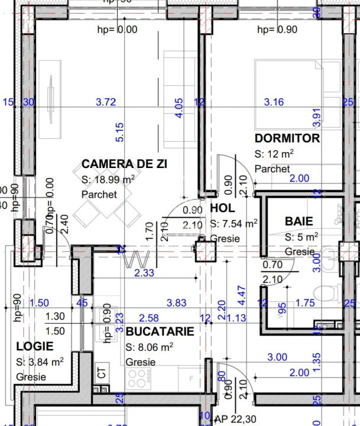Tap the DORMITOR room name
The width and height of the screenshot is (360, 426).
pyautogui.click(x=287, y=138)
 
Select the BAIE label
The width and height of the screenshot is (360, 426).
pyautogui.click(x=299, y=221)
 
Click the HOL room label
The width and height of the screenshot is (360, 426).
pyautogui.click(x=222, y=208)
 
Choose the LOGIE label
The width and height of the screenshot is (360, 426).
pyautogui.click(x=34, y=346)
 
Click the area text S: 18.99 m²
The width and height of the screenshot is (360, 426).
pyautogui.click(x=108, y=179)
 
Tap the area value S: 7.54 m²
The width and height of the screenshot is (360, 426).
pyautogui.click(x=233, y=224)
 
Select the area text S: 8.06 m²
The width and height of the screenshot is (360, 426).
pyautogui.click(x=149, y=347)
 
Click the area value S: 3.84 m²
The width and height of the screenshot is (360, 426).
pyautogui.click(x=40, y=362)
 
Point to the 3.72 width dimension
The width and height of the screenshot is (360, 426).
pyautogui.click(x=106, y=102)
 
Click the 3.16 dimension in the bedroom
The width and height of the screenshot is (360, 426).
pyautogui.click(x=274, y=102)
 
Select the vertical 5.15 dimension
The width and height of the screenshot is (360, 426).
pyautogui.click(x=120, y=133)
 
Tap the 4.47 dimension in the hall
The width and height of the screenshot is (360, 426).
pyautogui.click(x=241, y=295)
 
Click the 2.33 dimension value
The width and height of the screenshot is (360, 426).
pyautogui.click(x=144, y=273)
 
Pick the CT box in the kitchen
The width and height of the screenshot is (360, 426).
pyautogui.click(x=102, y=373)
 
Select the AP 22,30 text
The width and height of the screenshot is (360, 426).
pyautogui.click(x=235, y=419)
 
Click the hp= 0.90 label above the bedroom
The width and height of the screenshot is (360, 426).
pyautogui.click(x=278, y=29)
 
